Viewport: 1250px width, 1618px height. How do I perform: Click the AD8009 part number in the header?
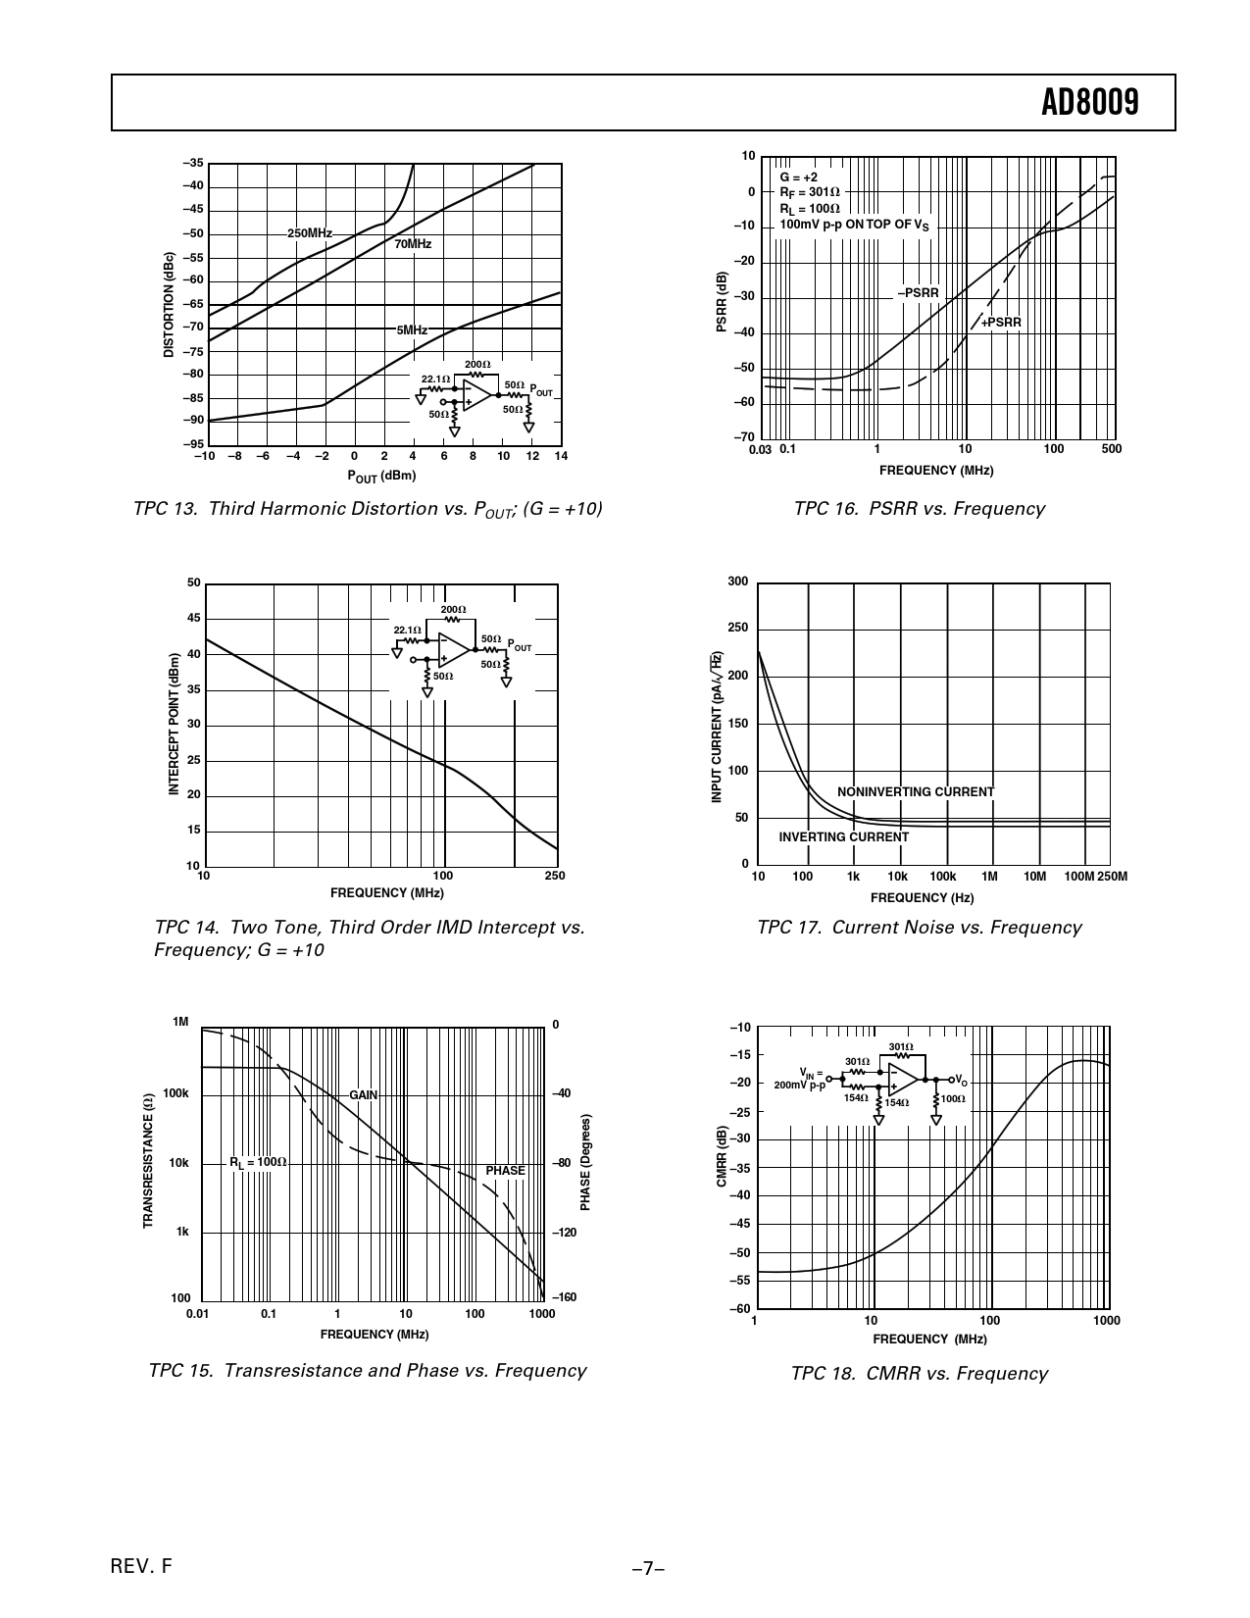pos(1089,103)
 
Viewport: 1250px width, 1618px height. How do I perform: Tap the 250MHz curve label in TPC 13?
pos(309,233)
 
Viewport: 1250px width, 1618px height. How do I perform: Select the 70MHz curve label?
pos(413,244)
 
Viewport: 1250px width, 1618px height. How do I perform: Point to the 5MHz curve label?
pos(412,330)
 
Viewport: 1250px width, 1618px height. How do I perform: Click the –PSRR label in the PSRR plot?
pos(918,293)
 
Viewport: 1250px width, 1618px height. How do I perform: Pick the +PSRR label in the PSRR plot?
pos(1001,323)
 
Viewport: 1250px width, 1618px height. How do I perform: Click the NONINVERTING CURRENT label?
pos(915,792)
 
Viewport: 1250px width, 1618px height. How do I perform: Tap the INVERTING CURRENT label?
pos(843,837)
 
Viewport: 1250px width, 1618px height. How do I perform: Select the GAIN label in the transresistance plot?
pos(364,1095)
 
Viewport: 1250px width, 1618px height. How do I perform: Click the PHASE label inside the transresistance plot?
pos(505,1171)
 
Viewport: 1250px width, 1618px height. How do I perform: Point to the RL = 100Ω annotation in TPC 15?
pos(258,1162)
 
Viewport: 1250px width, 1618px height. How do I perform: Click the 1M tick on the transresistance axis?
pos(180,1022)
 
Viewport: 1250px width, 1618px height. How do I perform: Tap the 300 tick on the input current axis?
pos(737,581)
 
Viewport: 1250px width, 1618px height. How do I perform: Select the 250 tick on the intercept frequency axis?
pos(555,876)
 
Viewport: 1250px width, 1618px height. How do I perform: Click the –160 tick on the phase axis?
pos(564,1297)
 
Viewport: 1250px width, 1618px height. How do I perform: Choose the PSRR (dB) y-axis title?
pos(722,301)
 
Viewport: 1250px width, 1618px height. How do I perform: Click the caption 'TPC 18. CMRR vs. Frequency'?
pos(919,1374)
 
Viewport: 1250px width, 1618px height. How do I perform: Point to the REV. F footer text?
pos(143,1566)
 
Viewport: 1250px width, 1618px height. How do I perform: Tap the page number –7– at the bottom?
pos(648,1569)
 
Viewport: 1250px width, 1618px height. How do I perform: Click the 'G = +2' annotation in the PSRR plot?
pos(798,177)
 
